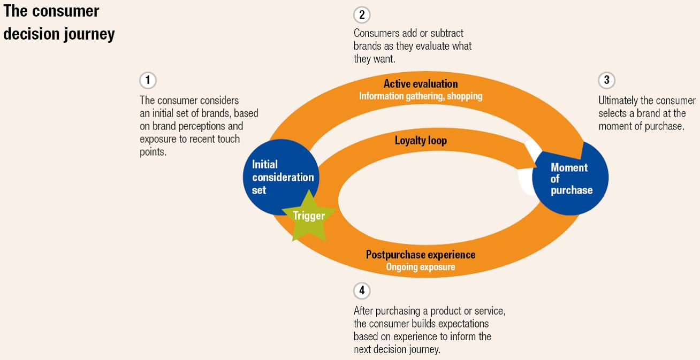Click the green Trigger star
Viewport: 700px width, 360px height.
tap(309, 216)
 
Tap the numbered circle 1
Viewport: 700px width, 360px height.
tap(148, 81)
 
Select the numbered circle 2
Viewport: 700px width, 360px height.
tap(362, 15)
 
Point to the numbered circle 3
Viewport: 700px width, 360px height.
tap(606, 80)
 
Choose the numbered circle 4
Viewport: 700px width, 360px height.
tap(362, 290)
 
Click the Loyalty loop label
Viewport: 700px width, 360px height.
tap(421, 141)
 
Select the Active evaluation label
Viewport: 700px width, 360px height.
tap(421, 84)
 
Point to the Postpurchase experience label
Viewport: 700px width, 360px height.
tap(421, 255)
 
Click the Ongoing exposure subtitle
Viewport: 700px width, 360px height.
tap(421, 267)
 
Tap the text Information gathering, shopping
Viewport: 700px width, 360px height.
tap(421, 96)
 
